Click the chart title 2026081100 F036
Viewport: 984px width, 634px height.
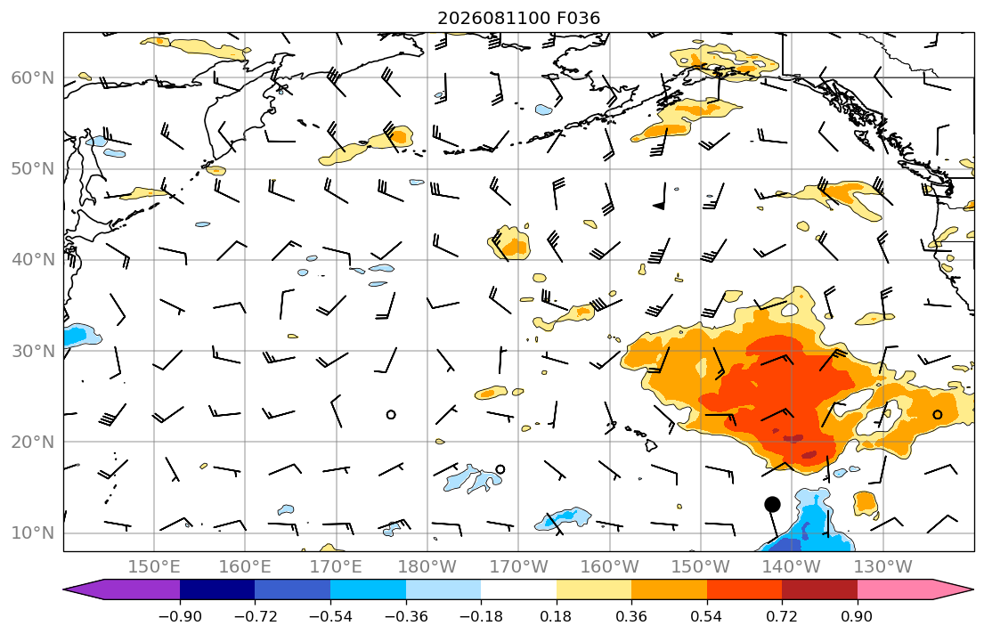tap(518, 18)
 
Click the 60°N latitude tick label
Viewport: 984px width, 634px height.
tap(33, 77)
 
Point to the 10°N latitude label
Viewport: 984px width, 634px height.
tap(33, 533)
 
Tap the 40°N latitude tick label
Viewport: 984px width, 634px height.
tap(33, 259)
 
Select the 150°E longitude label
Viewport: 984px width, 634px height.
tap(154, 567)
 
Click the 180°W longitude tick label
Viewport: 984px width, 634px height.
tap(427, 567)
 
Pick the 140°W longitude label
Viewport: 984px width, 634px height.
tap(792, 567)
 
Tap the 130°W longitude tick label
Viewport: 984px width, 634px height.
tap(883, 567)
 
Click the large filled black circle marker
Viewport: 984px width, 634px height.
tap(773, 504)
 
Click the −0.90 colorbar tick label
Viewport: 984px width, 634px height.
tap(180, 616)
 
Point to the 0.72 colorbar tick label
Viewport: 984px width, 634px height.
tap(782, 616)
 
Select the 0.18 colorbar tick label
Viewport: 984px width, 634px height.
tap(556, 616)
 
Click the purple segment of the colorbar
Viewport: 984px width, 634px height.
tap(126, 589)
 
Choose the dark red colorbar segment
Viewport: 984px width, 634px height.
tap(819, 589)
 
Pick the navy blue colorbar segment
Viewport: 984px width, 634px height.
tap(217, 589)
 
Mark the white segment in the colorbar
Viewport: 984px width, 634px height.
tap(518, 589)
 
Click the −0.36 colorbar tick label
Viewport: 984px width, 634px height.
tap(405, 616)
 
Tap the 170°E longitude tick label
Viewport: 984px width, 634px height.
tap(336, 567)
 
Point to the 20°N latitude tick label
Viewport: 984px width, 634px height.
tap(33, 442)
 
